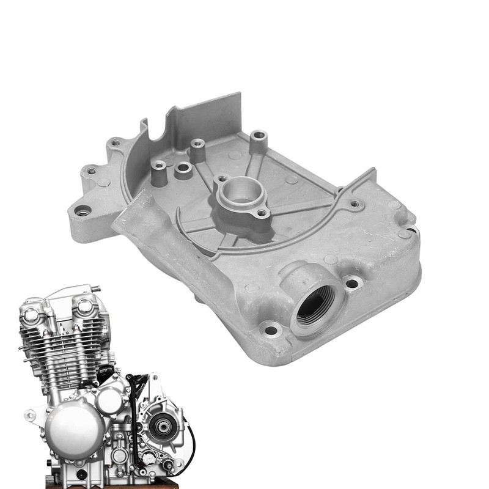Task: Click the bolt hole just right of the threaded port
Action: coord(352,283)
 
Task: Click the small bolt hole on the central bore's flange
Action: coord(262,213)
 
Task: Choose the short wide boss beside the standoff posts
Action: coord(183,171)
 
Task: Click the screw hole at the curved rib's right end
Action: coord(355,204)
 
